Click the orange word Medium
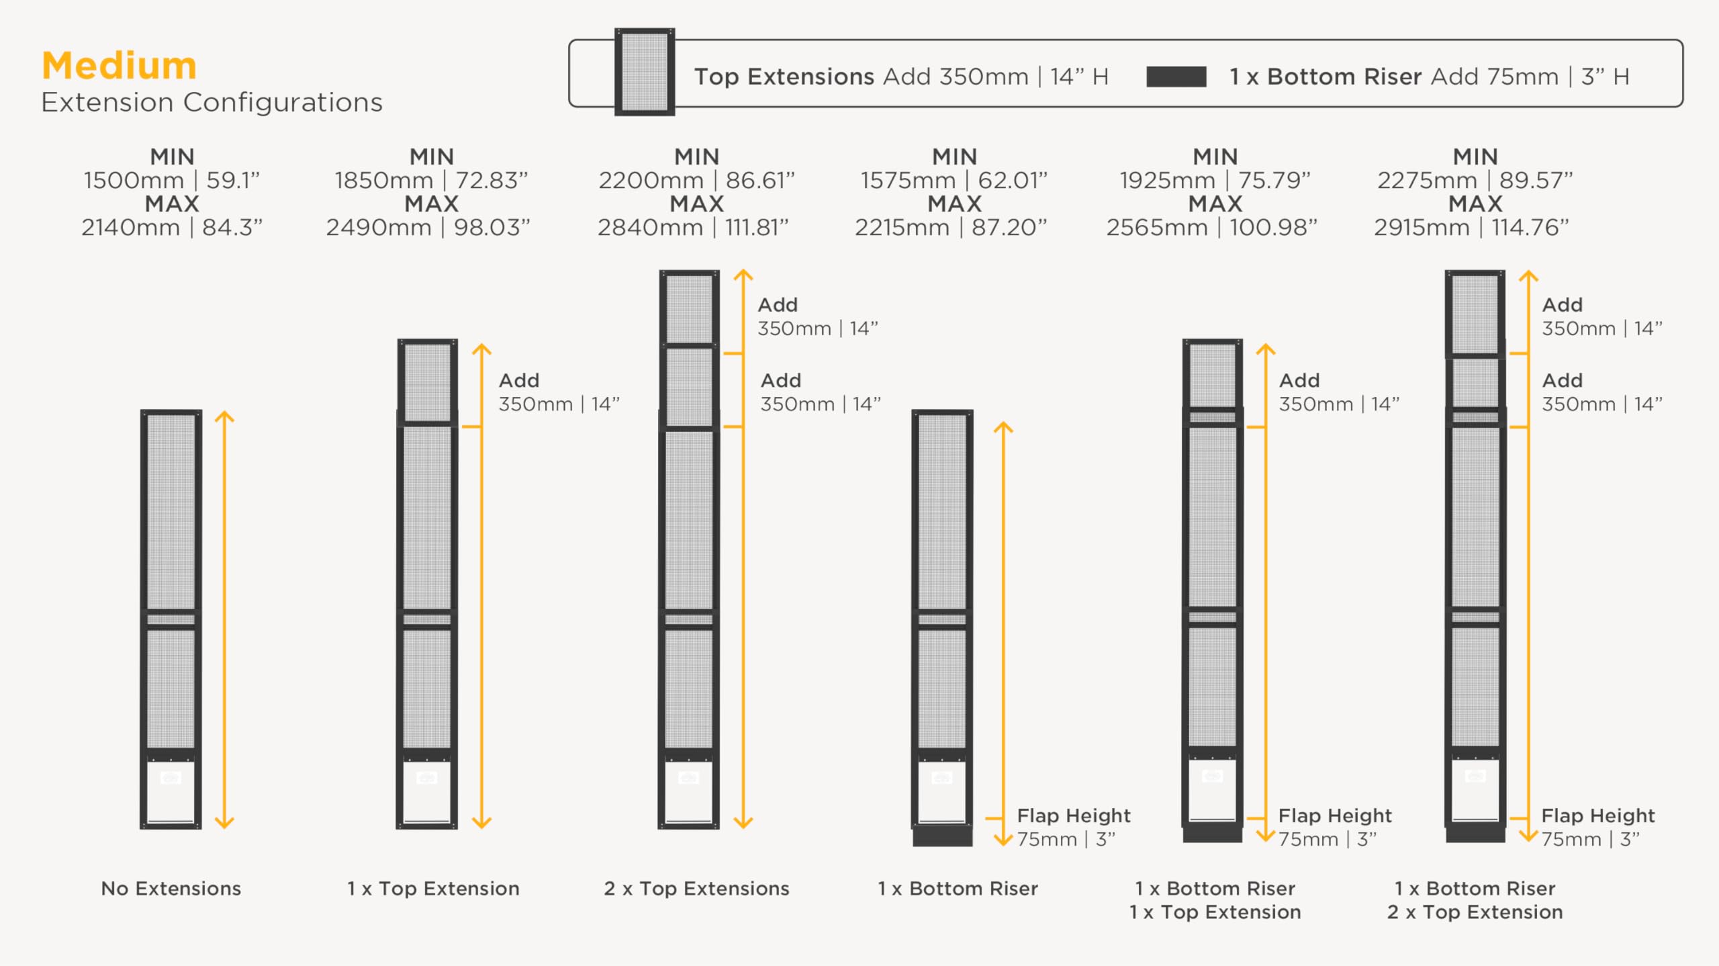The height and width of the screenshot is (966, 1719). [119, 66]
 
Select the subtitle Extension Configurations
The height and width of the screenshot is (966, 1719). [212, 103]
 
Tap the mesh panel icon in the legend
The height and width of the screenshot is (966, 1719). [645, 71]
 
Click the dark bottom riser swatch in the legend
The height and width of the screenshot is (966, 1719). [1176, 77]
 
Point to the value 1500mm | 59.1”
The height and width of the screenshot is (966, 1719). [172, 180]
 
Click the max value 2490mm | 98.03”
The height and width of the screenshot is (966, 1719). [428, 228]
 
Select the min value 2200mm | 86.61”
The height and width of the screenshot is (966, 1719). [696, 180]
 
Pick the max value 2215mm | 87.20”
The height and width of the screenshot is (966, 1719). [951, 228]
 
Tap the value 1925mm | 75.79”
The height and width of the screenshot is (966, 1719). [1215, 180]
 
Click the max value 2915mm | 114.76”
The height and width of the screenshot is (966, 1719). [1471, 228]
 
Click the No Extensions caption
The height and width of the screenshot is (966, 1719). [171, 889]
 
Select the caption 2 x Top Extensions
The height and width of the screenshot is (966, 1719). [696, 889]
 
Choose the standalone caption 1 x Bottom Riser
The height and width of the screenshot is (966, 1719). [958, 889]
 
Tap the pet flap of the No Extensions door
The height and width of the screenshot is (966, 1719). [171, 791]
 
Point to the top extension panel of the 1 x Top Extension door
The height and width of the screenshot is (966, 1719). [427, 382]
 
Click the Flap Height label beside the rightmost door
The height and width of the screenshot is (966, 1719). [1597, 816]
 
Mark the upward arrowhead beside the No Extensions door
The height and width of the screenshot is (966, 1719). [224, 416]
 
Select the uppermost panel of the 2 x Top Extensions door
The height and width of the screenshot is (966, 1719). [689, 308]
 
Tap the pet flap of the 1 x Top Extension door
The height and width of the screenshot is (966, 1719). [427, 791]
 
